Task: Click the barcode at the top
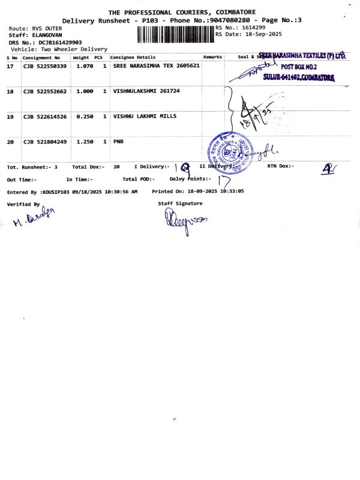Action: point(175,34)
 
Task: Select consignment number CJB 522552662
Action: point(45,91)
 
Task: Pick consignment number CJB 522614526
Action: point(45,116)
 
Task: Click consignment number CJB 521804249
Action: point(45,142)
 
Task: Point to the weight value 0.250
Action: point(85,116)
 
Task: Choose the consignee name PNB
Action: point(118,142)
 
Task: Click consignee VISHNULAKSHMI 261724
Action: point(146,91)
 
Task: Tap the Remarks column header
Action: point(212,57)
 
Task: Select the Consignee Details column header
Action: point(133,57)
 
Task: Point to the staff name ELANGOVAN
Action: point(46,35)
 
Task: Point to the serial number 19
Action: point(10,116)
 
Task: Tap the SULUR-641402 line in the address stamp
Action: point(298,78)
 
